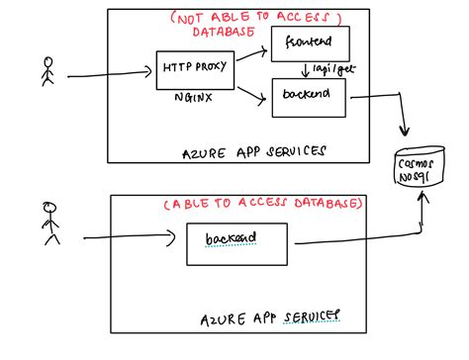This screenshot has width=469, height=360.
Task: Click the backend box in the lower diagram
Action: click(x=236, y=242)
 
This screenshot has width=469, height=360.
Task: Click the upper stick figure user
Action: click(x=45, y=72)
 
